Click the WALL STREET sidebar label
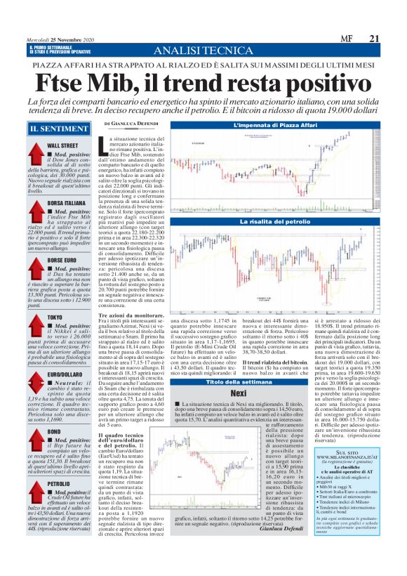[x=62, y=145]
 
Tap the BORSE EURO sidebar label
[x=62, y=260]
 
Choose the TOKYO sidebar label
[x=55, y=317]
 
